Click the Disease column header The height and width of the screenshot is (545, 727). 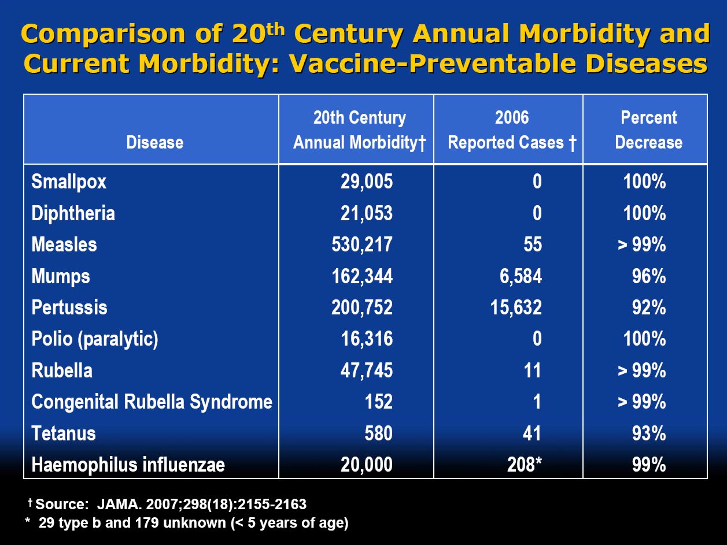coord(154,142)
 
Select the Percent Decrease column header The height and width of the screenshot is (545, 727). coord(648,130)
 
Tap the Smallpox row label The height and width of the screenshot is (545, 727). coord(69,182)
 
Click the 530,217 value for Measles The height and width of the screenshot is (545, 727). coord(362,244)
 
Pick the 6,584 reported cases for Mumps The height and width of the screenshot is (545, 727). coord(521,276)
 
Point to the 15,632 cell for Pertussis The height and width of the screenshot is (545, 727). coord(517,307)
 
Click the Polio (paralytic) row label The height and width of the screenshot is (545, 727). coord(95,339)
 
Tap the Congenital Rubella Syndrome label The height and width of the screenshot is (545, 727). coord(152,402)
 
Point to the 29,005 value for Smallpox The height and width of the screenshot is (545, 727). coord(366,182)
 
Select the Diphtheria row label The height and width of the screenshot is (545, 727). coord(73,213)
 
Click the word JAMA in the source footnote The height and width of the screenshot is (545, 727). coord(111,504)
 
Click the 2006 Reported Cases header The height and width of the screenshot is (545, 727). coord(512,130)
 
